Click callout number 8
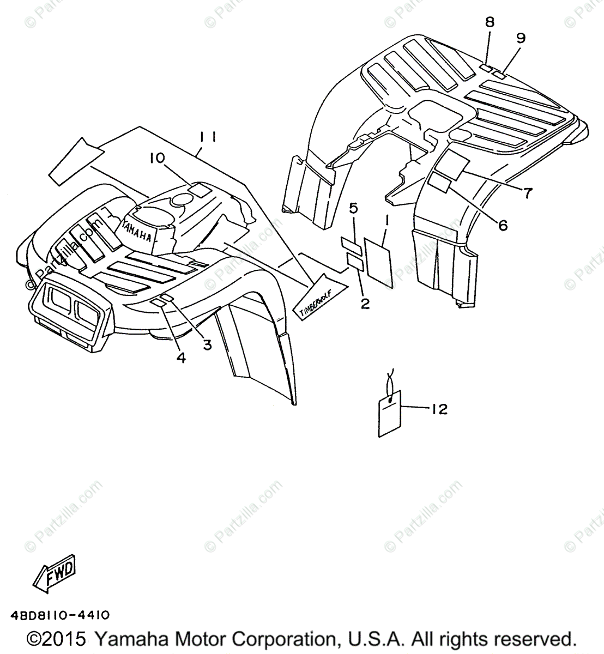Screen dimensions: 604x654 click(489, 22)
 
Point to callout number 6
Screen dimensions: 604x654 click(502, 224)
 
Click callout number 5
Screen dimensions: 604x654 click(353, 208)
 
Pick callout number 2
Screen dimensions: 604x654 click(365, 303)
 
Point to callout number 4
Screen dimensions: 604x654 click(181, 357)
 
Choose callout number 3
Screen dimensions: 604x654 click(207, 344)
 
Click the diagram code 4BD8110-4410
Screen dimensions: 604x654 click(59, 615)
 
